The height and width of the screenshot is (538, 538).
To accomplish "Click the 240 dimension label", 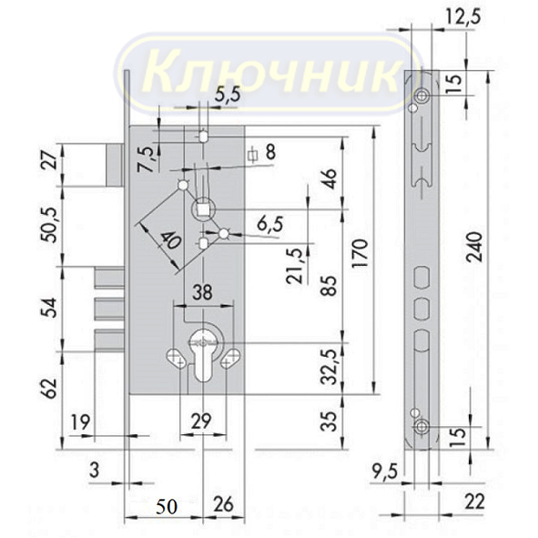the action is click(476, 247).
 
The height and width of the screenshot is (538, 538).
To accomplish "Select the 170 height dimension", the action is click(360, 253).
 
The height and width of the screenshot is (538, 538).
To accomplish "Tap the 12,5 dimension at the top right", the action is click(462, 15).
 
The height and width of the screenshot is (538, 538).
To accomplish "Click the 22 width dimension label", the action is click(474, 502).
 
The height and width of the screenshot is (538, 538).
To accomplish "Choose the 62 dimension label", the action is click(51, 389).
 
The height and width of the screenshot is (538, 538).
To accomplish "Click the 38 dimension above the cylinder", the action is click(202, 293).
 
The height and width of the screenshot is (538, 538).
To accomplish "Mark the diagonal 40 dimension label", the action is click(170, 240).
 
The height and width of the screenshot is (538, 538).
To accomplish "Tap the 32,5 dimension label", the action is click(329, 368).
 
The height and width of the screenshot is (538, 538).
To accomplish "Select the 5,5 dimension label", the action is click(228, 94).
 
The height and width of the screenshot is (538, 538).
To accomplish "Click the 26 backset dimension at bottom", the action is click(223, 504).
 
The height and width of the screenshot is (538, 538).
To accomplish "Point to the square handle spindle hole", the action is click(202, 208).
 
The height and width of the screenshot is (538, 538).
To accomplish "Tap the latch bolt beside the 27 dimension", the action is click(115, 166).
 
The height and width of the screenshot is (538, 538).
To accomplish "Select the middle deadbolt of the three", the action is click(109, 309).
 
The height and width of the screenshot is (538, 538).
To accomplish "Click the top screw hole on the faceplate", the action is click(421, 96).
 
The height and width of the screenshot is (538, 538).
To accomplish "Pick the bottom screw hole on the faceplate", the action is click(421, 427).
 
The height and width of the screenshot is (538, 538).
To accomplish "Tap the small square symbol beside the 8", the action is click(253, 155).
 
